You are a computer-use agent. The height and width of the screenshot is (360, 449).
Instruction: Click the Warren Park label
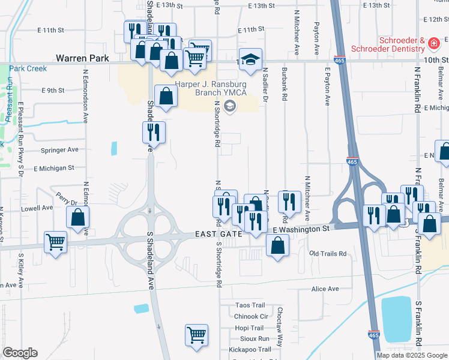pyautogui.click(x=82, y=59)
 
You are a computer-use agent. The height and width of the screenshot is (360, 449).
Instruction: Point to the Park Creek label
pyautogui.click(x=28, y=68)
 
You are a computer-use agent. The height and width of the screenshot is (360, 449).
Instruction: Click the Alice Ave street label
pyautogui.click(x=325, y=289)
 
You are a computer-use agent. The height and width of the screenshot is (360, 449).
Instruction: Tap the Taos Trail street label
pyautogui.click(x=250, y=305)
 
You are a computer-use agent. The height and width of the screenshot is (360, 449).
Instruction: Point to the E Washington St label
pyautogui.click(x=301, y=229)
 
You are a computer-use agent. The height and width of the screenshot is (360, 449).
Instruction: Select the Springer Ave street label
pyautogui.click(x=59, y=149)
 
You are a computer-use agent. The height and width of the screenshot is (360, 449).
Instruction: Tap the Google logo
pyautogui.click(x=20, y=353)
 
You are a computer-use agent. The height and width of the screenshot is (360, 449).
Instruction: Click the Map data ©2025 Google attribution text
pyautogui.click(x=412, y=355)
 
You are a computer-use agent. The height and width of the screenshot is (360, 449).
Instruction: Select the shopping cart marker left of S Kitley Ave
pyautogui.click(x=55, y=242)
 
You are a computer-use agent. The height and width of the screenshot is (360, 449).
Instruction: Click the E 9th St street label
pyautogui.click(x=53, y=91)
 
